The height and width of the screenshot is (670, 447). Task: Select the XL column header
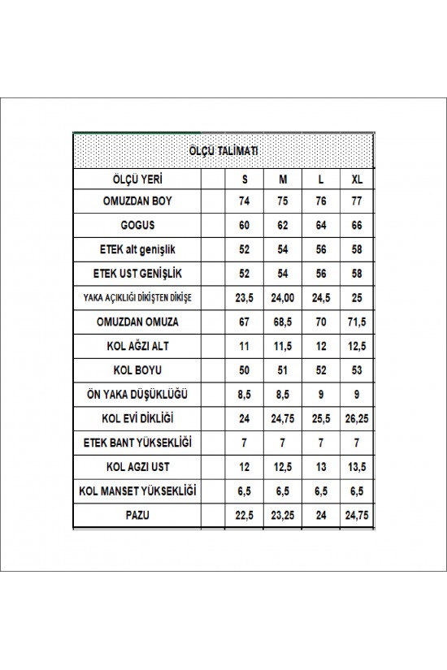(x=357, y=179)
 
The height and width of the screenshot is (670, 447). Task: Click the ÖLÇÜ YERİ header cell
(x=137, y=179)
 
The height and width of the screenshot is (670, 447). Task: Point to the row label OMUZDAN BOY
(x=137, y=201)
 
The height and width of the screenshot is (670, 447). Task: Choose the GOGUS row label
(x=137, y=226)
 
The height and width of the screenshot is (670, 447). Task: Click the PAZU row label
(x=137, y=514)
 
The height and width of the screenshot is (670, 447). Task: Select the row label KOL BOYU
(x=137, y=370)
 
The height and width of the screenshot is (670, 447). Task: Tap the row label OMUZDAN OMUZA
(x=137, y=322)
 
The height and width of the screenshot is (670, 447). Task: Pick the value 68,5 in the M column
(x=283, y=322)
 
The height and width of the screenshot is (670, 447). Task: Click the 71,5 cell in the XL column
(x=357, y=322)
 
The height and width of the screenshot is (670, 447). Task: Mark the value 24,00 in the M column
(x=283, y=298)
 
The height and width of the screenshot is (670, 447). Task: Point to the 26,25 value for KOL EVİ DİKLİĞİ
(x=357, y=418)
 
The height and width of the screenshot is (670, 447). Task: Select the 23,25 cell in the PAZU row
(x=283, y=514)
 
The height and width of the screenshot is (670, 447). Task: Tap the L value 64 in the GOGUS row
(x=321, y=226)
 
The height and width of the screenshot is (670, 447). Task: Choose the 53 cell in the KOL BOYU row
(x=357, y=370)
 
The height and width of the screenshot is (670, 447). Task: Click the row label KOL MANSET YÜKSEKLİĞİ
(x=137, y=491)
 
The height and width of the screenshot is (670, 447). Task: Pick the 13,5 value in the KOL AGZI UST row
(x=357, y=466)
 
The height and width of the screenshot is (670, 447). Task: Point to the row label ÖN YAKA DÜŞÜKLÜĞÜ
(x=137, y=395)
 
